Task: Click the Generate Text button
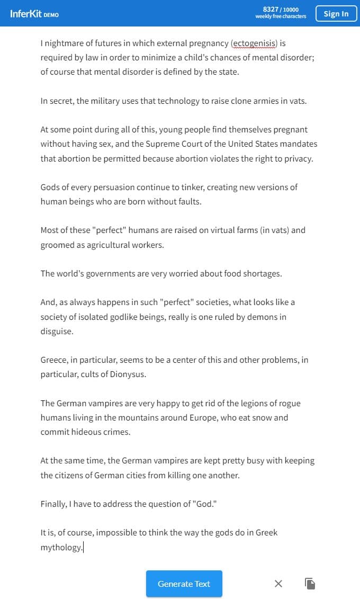point(184,584)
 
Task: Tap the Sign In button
point(336,14)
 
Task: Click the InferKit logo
point(25,14)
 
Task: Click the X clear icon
point(278,584)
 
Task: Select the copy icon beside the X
point(310,584)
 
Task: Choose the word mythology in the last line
point(61,547)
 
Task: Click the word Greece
point(53,360)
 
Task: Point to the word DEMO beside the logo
point(51,15)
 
